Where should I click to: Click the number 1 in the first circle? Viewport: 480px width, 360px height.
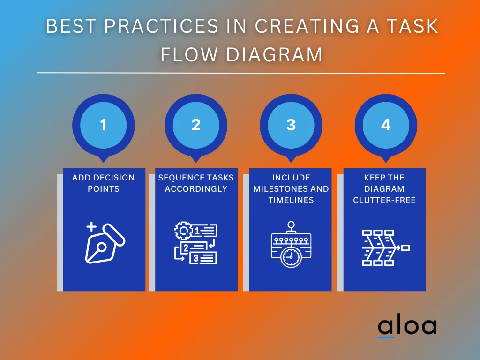103,125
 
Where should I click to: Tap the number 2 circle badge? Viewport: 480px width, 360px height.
196,125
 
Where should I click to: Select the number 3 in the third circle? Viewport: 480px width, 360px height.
291,125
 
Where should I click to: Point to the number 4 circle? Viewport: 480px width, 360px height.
386,125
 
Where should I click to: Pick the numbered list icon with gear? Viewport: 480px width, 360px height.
196,244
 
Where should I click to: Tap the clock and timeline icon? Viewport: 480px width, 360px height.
291,245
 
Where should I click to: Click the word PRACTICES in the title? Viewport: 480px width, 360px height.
161,27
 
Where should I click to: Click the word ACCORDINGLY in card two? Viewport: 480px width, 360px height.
196,189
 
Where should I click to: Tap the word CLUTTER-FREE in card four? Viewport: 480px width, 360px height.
384,200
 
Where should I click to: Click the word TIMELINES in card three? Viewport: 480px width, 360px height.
291,200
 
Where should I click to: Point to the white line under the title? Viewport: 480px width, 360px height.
241,73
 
